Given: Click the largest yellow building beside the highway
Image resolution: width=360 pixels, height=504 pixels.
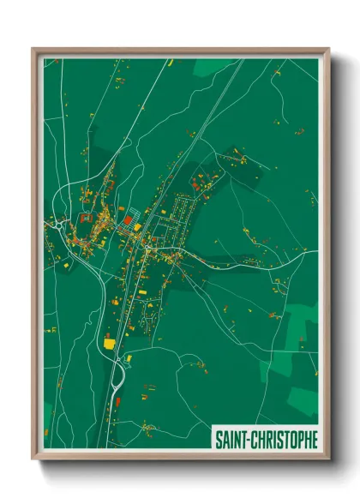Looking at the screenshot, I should click(x=110, y=343).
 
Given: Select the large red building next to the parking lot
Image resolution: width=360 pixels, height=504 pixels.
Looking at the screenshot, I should click(x=127, y=221).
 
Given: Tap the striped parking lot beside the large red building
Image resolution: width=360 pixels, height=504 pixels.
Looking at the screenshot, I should click(x=136, y=212).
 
